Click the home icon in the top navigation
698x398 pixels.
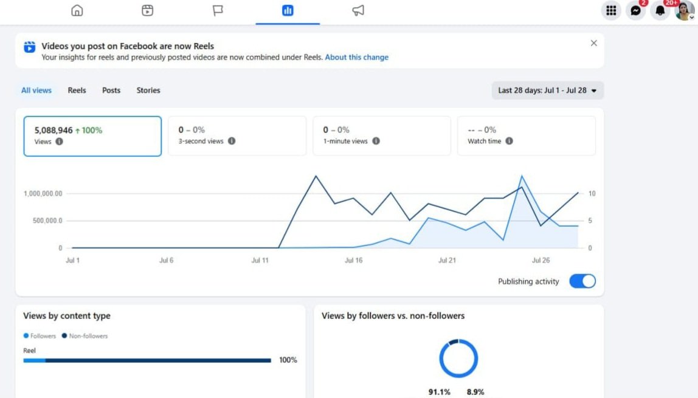click(x=77, y=10)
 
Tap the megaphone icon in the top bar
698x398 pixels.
click(x=358, y=10)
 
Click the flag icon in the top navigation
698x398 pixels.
click(x=218, y=10)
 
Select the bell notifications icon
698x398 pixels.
click(x=660, y=10)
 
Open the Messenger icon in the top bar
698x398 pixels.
click(x=636, y=10)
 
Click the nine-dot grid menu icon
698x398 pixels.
click(x=611, y=10)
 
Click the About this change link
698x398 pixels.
click(x=356, y=57)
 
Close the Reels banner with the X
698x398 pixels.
click(x=594, y=43)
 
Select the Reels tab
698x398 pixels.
click(x=77, y=91)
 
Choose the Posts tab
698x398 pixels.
click(x=111, y=91)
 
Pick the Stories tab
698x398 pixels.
click(x=148, y=91)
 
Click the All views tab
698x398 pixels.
click(x=36, y=91)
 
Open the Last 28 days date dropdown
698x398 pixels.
click(x=548, y=91)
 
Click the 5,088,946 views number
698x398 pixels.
click(x=54, y=130)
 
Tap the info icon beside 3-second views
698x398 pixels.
click(x=232, y=141)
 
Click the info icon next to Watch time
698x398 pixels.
click(x=509, y=141)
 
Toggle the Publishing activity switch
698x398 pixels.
click(x=582, y=281)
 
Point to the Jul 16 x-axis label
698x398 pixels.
click(x=353, y=260)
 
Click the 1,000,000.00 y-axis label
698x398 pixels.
click(x=43, y=193)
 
